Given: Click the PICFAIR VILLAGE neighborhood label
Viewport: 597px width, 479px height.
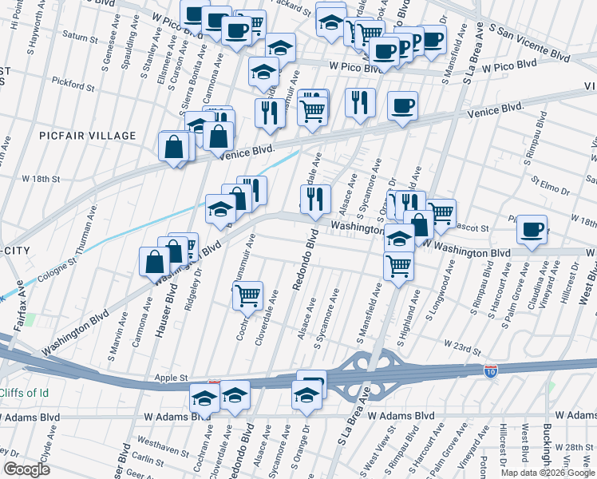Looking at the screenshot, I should [x=88, y=136].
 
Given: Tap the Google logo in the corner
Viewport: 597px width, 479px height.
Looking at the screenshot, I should [x=27, y=469].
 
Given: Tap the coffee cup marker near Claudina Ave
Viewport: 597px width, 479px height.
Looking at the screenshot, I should [x=532, y=229].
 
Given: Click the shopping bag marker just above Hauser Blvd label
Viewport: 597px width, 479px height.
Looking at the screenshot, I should [x=155, y=260].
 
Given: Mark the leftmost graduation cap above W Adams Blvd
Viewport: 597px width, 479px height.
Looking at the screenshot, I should [x=205, y=397].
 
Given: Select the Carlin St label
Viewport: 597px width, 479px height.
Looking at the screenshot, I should [x=148, y=458].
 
